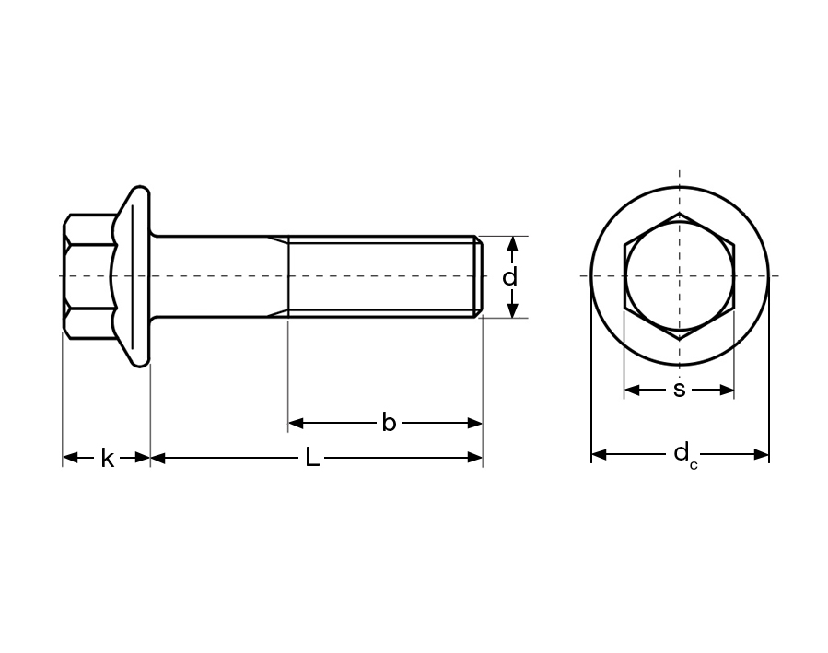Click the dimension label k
[x=107, y=459]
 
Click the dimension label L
[x=312, y=457]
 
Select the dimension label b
[x=389, y=423]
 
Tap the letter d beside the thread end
[x=509, y=276]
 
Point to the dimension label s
[x=679, y=391]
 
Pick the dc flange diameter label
[x=685, y=456]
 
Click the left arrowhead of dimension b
[x=296, y=423]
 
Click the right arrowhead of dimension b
[x=474, y=423]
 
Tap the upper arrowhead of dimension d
[x=512, y=244]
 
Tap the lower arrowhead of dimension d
[x=512, y=309]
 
